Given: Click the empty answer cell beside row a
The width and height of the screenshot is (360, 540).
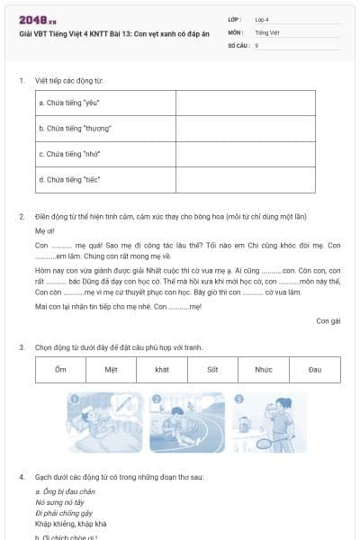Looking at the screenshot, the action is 245,103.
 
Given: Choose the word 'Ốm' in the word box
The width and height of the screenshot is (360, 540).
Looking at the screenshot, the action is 60,370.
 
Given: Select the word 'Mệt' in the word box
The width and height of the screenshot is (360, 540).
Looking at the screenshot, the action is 111,370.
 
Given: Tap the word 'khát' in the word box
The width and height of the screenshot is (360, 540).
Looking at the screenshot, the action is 162,370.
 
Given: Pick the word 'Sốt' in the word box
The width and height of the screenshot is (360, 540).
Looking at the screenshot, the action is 212,370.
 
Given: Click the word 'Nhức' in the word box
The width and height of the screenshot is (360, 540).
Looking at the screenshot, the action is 263,370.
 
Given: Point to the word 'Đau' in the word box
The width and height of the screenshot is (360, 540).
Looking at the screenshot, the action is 314,370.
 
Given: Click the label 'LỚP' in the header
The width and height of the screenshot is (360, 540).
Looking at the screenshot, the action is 235,18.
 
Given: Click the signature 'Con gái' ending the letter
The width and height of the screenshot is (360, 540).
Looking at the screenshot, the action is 328,319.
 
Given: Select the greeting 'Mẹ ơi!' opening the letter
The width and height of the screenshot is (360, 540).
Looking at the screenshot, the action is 44,230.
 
